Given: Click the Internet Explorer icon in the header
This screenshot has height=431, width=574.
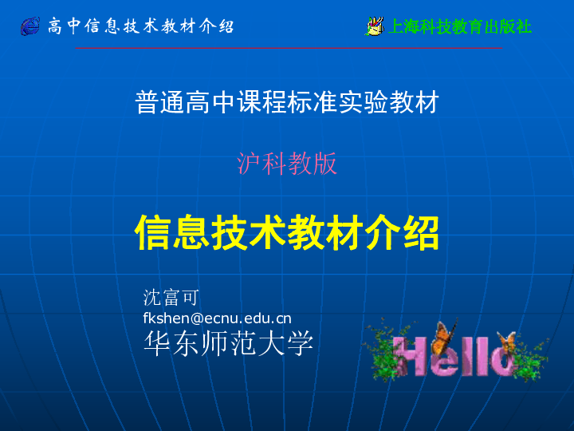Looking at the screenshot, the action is coord(30,26).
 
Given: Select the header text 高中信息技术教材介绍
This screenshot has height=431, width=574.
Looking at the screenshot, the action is coord(141,26).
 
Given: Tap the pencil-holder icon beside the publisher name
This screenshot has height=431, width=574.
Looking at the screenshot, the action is coord(375,26).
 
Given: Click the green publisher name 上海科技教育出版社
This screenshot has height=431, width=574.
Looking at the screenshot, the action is coord(460,26).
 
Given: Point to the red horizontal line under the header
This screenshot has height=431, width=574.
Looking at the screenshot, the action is coord(289,48).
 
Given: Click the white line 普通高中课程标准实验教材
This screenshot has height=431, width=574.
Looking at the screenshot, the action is coord(287,102).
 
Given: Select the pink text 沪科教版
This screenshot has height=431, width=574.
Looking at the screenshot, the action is coord(287,164).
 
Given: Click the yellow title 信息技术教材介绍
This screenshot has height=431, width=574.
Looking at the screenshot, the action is coord(287,232).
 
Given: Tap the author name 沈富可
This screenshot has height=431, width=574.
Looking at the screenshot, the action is coord(171,297).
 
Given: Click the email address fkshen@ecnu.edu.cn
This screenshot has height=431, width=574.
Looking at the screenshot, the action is coord(217,318).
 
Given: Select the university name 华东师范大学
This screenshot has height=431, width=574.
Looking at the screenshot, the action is coord(229,343).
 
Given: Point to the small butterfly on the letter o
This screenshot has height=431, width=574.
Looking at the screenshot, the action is coord(506,342).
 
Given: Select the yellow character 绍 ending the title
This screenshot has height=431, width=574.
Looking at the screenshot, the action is coord(421,232).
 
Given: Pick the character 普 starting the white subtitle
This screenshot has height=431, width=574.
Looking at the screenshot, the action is coord(147,103).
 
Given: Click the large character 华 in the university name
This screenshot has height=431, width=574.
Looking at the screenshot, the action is coord(157,343).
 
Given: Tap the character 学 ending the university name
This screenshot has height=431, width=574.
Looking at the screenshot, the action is coord(301,343).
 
